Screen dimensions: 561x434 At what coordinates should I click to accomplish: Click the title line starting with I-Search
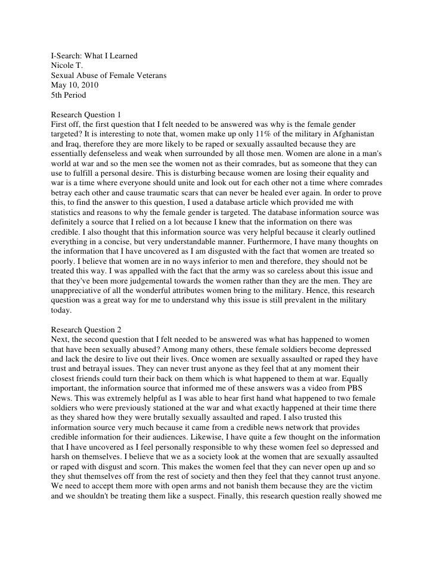[95, 57]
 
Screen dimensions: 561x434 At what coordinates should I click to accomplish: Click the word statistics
[70, 220]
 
